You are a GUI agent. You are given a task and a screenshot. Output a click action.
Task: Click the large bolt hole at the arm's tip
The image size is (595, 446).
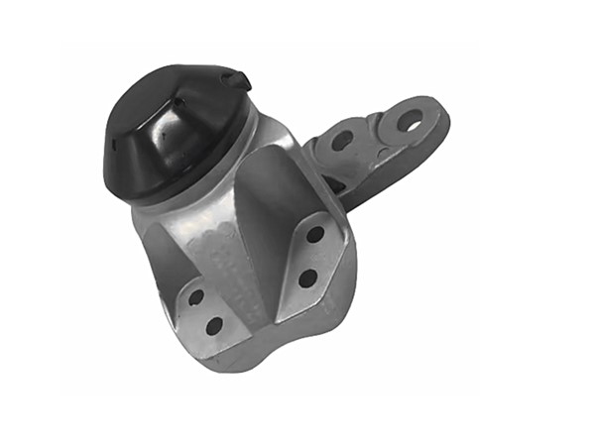[409, 119]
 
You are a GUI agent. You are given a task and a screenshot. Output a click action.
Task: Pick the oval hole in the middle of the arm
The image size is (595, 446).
[341, 141]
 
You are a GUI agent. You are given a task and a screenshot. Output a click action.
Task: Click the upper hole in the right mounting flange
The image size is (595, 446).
[315, 235]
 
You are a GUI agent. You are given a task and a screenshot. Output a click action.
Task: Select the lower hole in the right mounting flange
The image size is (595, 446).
[306, 279]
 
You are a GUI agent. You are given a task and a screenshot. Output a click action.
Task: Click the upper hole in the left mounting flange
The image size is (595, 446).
[195, 296]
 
